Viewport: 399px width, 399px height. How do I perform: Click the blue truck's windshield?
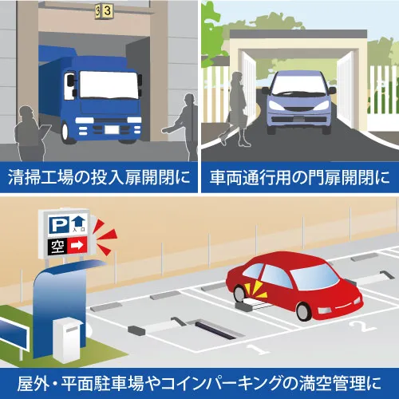[x=109, y=85]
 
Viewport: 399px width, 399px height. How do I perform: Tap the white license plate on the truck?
[x=112, y=129]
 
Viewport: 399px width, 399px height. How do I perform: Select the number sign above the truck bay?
[x=105, y=11]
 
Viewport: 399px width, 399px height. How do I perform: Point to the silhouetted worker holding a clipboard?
[x=30, y=133]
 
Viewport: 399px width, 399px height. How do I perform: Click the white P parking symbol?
[x=59, y=225]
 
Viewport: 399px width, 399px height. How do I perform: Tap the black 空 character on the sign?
[x=57, y=247]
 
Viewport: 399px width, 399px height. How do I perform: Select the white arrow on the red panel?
[x=77, y=246]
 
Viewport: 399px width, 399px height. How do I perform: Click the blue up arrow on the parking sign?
[x=79, y=221]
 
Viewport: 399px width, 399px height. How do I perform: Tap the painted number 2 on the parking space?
[x=363, y=326]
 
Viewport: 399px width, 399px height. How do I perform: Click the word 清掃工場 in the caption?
[x=41, y=177]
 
